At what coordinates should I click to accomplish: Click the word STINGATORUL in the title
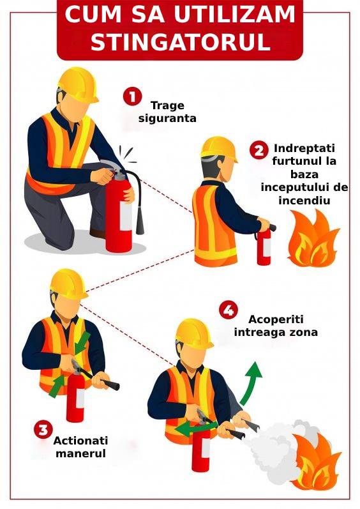pyautogui.click(x=181, y=42)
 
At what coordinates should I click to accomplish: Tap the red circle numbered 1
pyautogui.click(x=132, y=96)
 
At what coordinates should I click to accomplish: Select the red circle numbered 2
pyautogui.click(x=259, y=150)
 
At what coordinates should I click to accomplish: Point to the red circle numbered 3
pyautogui.click(x=43, y=429)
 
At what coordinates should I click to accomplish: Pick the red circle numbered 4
pyautogui.click(x=228, y=310)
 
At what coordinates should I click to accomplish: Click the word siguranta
pyautogui.click(x=167, y=118)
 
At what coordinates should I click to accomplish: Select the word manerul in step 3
pyautogui.click(x=81, y=453)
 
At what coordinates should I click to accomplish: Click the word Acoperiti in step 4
pyautogui.click(x=276, y=319)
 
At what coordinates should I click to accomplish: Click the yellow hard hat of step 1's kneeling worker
pyautogui.click(x=78, y=85)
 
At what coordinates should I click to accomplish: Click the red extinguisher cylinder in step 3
pyautogui.click(x=75, y=399)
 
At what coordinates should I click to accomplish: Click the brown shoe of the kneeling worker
pyautogui.click(x=98, y=233)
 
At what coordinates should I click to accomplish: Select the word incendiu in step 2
pyautogui.click(x=304, y=201)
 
